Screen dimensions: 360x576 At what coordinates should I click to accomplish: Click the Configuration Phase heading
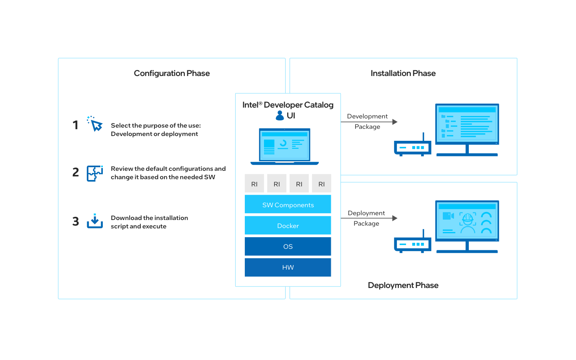(172, 73)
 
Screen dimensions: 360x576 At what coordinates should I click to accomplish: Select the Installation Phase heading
(403, 73)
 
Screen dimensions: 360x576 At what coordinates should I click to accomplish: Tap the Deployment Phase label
(403, 285)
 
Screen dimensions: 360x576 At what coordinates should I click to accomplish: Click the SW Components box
(288, 204)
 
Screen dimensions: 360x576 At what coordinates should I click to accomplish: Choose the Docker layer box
(288, 226)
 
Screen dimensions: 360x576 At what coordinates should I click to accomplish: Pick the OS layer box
(288, 246)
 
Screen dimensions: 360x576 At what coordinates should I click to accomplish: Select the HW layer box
(288, 267)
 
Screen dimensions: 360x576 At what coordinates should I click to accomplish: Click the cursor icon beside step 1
(95, 124)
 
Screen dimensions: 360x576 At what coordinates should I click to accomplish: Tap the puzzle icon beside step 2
(95, 173)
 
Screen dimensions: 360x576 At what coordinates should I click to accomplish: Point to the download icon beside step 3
(95, 221)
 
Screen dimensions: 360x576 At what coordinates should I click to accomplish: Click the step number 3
(76, 222)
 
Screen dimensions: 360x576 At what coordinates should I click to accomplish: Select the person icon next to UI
(280, 116)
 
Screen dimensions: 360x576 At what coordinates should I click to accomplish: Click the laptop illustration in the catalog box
(284, 146)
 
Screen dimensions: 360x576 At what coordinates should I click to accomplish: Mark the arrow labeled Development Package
(369, 122)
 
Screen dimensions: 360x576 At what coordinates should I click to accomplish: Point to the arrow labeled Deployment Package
(369, 218)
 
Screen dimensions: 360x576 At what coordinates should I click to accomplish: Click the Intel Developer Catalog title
(288, 105)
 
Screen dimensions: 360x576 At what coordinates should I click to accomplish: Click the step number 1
(75, 125)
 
